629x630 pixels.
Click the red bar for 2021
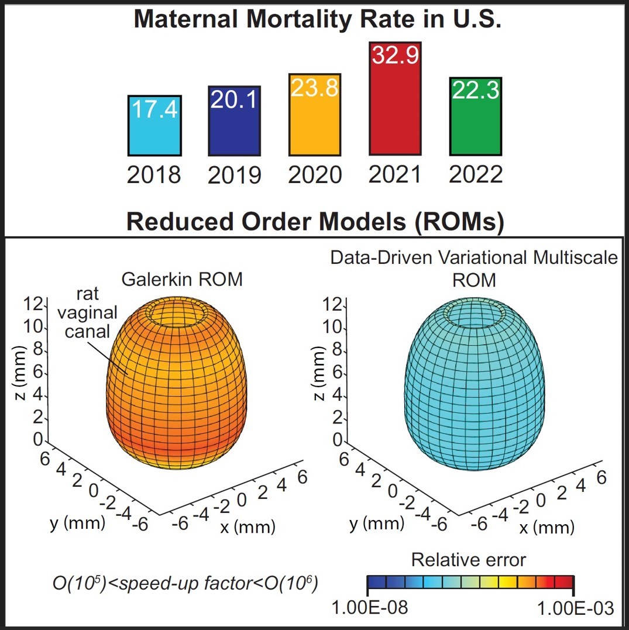pos(395,111)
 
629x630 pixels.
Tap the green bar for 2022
pos(475,126)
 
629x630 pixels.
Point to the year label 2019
pos(235,174)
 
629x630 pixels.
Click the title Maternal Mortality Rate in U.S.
pos(319,19)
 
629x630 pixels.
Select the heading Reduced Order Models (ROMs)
pos(315,222)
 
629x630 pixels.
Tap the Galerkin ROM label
pos(182,280)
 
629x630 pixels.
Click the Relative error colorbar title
pos(469,560)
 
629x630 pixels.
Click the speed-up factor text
pos(183,583)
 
